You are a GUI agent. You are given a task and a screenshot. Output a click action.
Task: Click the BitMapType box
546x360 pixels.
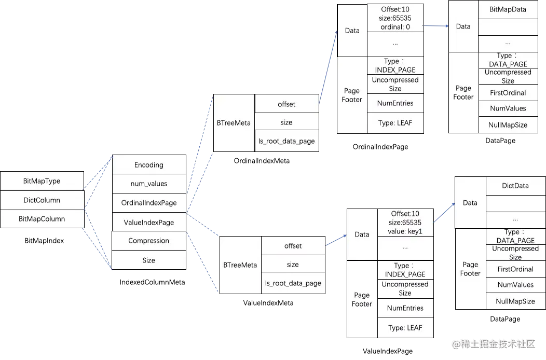42,181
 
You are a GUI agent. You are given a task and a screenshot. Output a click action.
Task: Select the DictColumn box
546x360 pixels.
42,200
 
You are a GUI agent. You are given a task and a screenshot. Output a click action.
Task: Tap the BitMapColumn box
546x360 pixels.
42,218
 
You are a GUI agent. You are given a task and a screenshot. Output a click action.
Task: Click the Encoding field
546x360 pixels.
149,165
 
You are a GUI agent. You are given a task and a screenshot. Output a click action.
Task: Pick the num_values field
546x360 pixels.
149,183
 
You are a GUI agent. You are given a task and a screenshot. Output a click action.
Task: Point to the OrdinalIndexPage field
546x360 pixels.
149,203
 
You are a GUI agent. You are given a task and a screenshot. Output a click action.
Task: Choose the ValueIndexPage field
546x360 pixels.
149,222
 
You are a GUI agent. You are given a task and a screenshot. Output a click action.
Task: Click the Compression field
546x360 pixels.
149,241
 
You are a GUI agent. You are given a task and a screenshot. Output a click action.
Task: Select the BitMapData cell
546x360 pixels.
507,10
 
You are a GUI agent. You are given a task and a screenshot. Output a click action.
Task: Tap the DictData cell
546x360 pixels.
515,186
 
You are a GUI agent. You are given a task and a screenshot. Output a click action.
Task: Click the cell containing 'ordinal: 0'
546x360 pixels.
395,18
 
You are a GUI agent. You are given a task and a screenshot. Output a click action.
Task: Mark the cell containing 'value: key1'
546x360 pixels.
405,223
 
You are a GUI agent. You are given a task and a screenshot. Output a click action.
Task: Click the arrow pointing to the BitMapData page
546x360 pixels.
436,25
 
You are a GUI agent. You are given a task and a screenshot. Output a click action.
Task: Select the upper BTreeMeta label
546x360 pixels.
234,123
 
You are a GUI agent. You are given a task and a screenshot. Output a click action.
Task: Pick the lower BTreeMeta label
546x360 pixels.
240,265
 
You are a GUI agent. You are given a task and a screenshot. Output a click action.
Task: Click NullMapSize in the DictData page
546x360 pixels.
515,301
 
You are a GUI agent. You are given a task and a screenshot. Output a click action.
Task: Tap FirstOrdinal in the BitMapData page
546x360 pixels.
508,93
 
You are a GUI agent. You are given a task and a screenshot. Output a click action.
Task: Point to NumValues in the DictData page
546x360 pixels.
515,284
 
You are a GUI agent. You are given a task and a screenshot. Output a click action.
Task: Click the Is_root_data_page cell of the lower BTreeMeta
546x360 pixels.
293,283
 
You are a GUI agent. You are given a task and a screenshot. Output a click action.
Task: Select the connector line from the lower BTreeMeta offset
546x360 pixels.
336,240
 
